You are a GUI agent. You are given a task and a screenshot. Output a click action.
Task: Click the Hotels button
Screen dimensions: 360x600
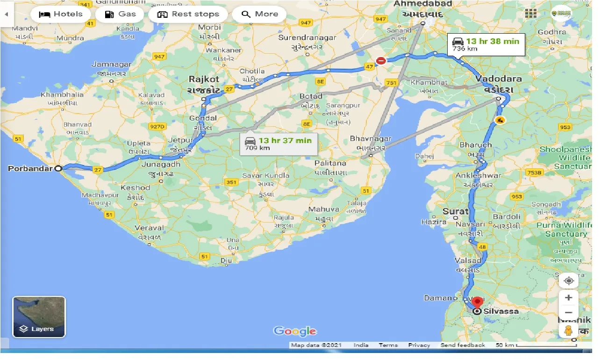(60, 14)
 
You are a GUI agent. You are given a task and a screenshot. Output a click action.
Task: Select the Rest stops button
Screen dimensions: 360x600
(188, 14)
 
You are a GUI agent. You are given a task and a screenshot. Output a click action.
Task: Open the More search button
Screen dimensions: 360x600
(259, 14)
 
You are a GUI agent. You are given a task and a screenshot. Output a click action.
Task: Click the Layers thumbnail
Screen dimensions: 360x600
(39, 317)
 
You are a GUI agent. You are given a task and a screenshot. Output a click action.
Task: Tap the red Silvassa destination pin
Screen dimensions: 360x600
(477, 303)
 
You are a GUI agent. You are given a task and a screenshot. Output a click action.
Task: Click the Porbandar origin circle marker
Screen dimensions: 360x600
(58, 169)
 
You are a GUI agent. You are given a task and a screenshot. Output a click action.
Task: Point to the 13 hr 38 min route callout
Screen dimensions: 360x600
(486, 44)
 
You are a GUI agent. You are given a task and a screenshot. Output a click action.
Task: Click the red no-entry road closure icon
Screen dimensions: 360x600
(381, 60)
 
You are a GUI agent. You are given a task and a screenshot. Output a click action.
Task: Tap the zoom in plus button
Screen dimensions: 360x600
(569, 298)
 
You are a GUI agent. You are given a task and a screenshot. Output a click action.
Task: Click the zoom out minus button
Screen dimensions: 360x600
(569, 313)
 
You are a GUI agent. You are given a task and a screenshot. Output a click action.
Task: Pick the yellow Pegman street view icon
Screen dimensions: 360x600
(569, 331)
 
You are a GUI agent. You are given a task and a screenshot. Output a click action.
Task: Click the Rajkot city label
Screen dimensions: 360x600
(204, 79)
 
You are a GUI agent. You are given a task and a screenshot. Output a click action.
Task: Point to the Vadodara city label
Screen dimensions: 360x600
(499, 79)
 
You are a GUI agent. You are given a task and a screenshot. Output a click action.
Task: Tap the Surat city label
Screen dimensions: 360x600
(455, 211)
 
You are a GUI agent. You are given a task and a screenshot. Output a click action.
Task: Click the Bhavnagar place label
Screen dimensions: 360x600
(370, 139)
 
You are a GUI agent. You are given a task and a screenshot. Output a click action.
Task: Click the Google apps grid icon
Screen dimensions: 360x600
(530, 14)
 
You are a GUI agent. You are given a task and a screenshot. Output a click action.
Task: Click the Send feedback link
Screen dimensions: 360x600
(463, 345)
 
